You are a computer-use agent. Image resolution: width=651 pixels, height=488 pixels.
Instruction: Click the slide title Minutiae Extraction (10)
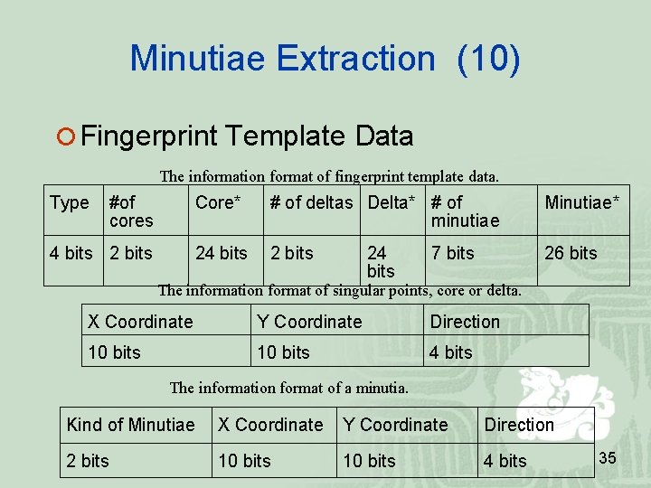point(325,58)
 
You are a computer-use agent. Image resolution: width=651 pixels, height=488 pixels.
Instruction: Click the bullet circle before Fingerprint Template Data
point(64,137)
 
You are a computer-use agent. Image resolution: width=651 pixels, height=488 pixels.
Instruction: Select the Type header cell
point(70,203)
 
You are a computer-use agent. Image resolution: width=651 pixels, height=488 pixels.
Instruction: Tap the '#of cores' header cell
point(131,211)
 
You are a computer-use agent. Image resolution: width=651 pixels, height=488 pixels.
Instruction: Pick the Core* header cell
point(219,203)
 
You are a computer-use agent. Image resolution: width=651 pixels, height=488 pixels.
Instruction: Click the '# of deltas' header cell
point(311,203)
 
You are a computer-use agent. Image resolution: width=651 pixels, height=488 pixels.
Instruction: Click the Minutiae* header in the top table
point(582,203)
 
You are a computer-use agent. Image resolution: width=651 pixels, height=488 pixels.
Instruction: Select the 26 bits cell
point(571,254)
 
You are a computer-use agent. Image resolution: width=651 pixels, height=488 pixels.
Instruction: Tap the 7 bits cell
point(452,254)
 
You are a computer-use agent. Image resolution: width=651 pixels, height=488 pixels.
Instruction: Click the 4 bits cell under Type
point(71,254)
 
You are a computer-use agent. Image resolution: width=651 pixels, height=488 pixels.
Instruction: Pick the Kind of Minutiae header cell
point(130,425)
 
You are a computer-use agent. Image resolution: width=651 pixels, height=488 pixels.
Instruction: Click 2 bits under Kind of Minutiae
point(88,461)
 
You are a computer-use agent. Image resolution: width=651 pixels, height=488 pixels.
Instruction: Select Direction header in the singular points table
point(465,322)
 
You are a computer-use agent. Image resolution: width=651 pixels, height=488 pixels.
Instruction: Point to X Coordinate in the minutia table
point(270,425)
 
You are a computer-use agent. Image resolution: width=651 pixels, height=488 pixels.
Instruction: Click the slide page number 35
point(608,459)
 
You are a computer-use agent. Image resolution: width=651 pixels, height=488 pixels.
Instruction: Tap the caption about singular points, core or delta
point(339,291)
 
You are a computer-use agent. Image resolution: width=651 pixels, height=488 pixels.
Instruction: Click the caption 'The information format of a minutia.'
point(289,388)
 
